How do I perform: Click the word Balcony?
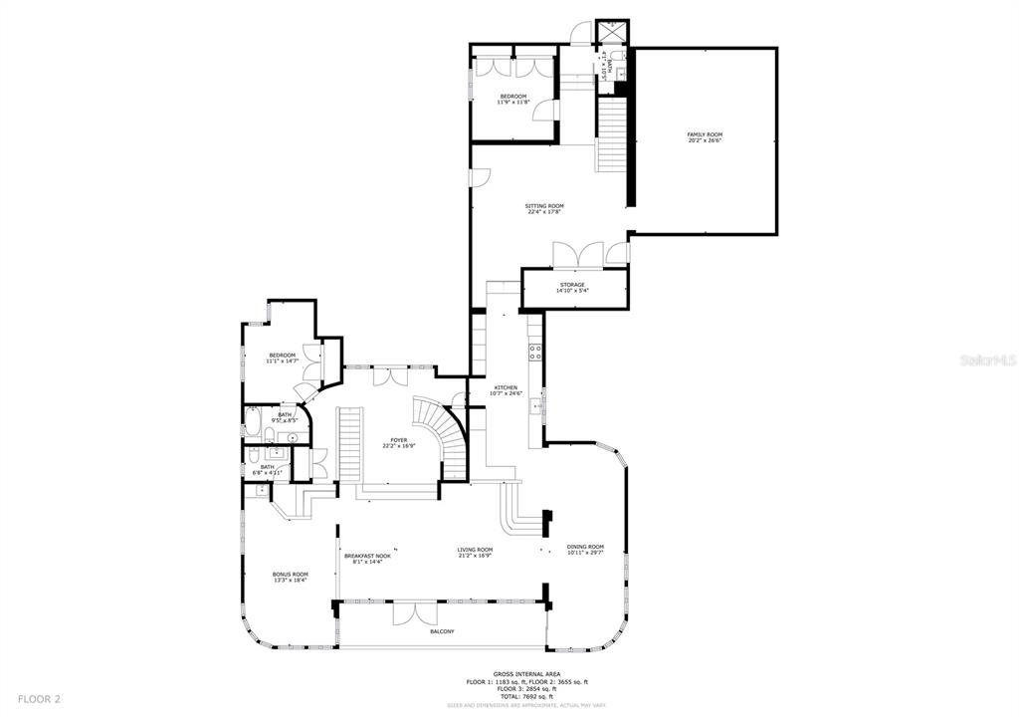coord(442,631)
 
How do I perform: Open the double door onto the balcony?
coord(414,613)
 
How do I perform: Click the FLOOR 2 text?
coord(39,699)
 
